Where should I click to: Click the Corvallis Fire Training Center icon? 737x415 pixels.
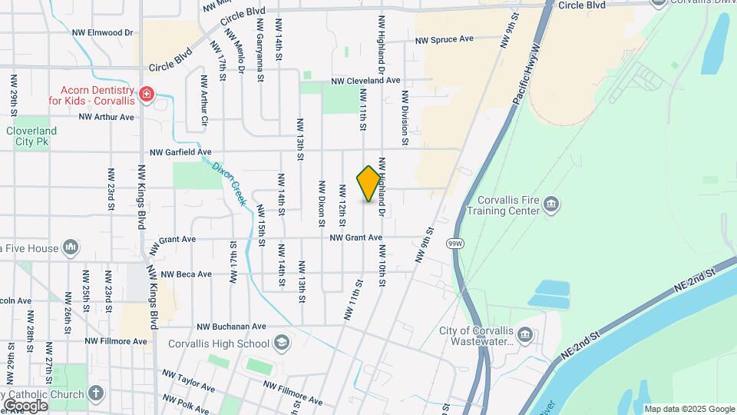[x=551, y=204]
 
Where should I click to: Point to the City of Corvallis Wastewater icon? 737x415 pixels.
[x=524, y=334]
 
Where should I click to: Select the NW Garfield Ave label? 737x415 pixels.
[x=180, y=152]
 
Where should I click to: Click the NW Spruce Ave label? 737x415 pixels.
[x=444, y=39]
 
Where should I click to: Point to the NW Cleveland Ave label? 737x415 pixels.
[x=365, y=80]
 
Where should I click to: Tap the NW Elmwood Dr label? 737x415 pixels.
[x=102, y=33]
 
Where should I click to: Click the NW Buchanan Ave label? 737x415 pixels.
[x=230, y=326]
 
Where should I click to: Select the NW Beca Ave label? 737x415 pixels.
[x=183, y=274]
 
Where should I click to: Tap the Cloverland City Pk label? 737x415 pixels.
[x=32, y=136]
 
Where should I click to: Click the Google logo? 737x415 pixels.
[x=25, y=405]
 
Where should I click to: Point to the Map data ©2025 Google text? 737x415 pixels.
[x=689, y=409]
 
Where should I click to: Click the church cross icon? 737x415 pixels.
[x=96, y=394]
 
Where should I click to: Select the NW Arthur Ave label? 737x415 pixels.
[x=106, y=117]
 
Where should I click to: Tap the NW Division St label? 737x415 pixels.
[x=403, y=118]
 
